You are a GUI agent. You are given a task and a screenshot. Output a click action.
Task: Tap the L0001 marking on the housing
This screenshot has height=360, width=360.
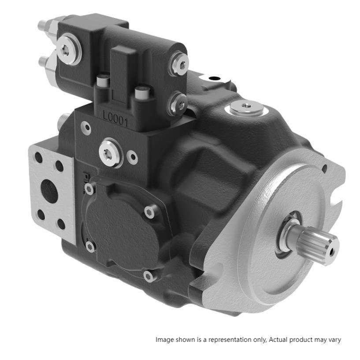[x=115, y=119]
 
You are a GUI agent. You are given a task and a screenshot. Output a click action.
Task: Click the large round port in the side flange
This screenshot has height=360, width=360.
[x=49, y=191]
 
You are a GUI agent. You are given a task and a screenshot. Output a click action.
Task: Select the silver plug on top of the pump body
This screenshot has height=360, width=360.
[x=247, y=108]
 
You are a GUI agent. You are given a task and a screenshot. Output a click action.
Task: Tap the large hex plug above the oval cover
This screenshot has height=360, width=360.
[x=110, y=152]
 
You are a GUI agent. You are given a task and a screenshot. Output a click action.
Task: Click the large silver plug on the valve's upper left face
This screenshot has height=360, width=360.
[x=69, y=49]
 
